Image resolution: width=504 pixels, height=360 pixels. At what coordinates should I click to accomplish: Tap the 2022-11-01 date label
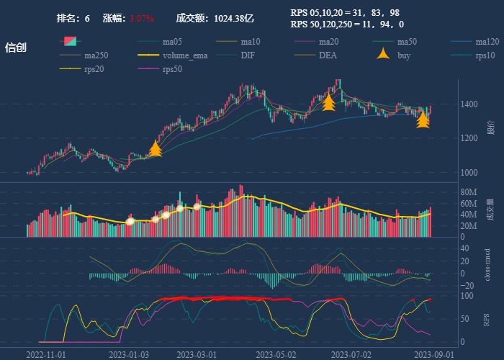click(46, 354)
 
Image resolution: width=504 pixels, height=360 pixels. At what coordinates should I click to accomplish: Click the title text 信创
click(16, 48)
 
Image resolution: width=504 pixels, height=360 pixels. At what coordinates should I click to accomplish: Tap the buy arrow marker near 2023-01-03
click(155, 149)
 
